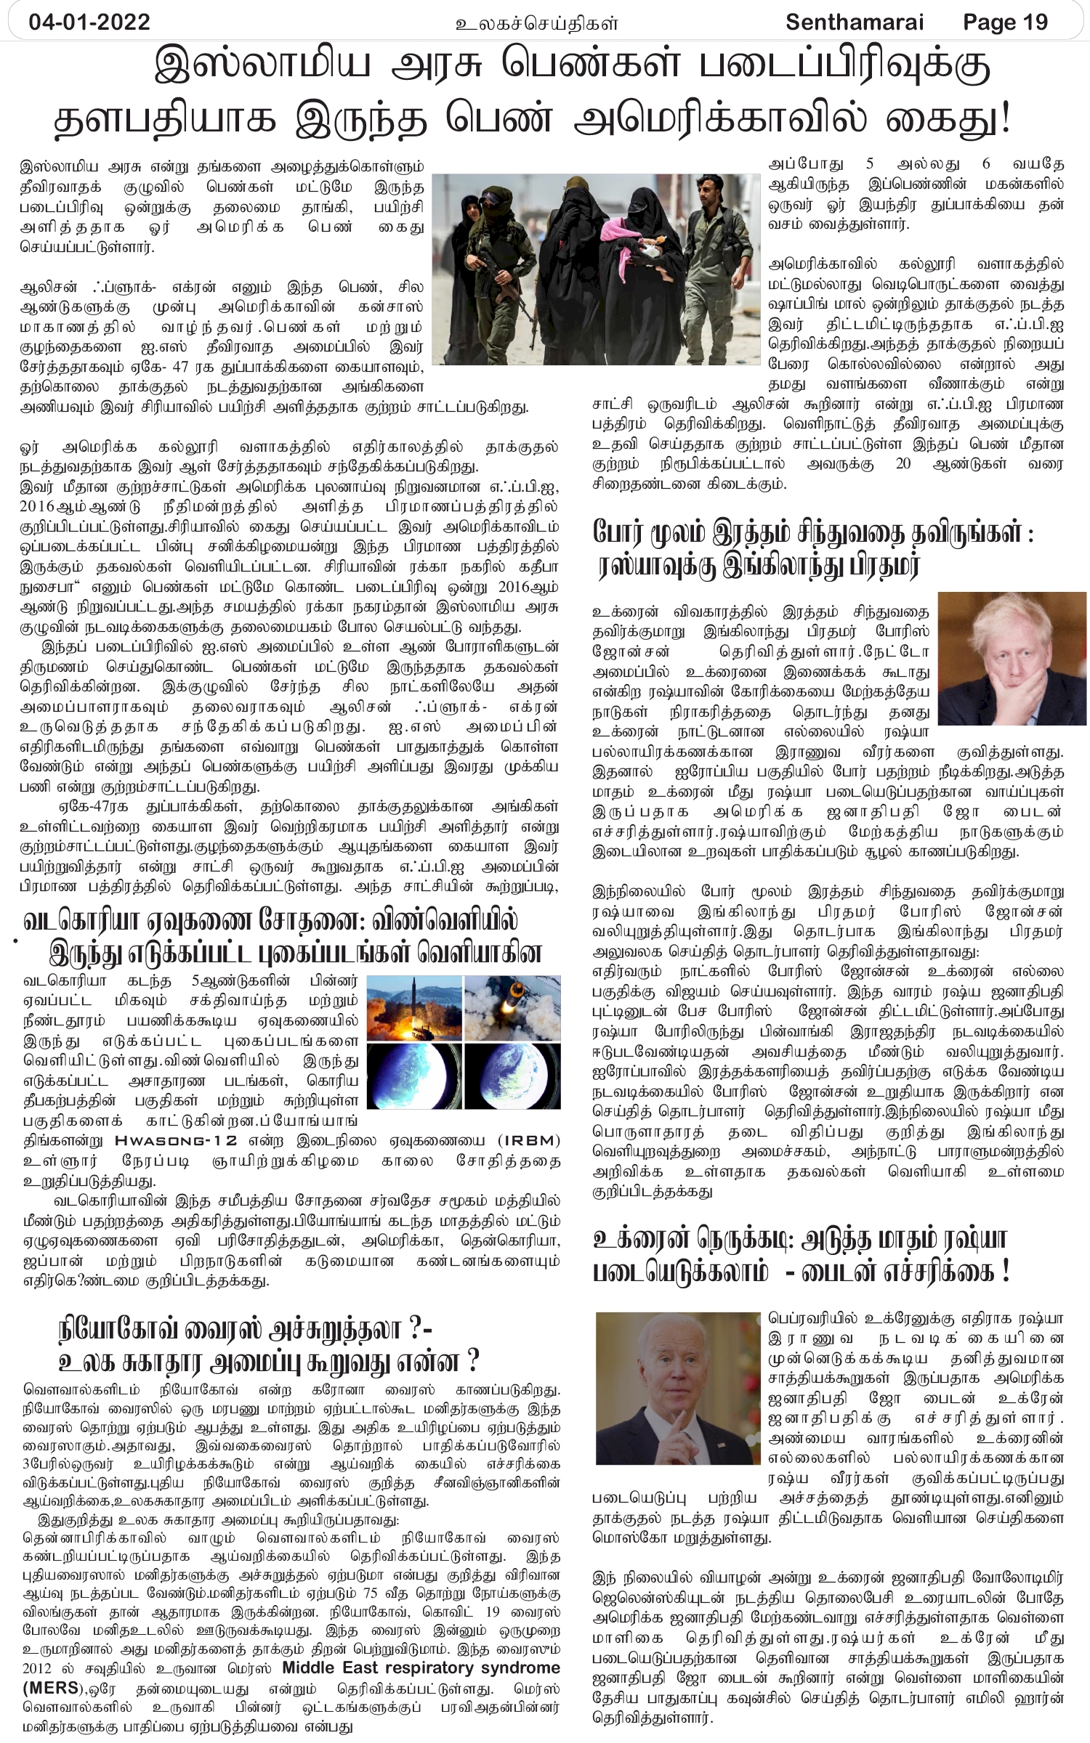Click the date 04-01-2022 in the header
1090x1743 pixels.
pyautogui.click(x=89, y=22)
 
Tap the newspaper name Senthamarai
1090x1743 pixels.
pyautogui.click(x=855, y=22)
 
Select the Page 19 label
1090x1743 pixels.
pyautogui.click(x=1005, y=22)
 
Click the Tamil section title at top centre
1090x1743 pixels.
pyautogui.click(x=536, y=23)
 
